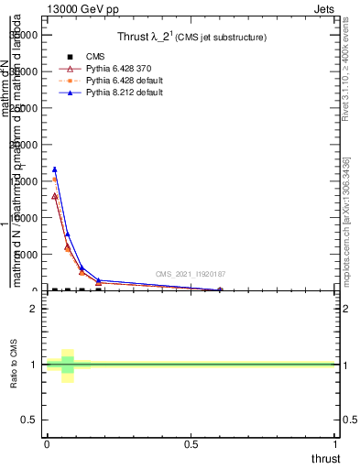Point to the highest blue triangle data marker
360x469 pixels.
(55, 169)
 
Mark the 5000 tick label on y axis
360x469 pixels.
(27, 255)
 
